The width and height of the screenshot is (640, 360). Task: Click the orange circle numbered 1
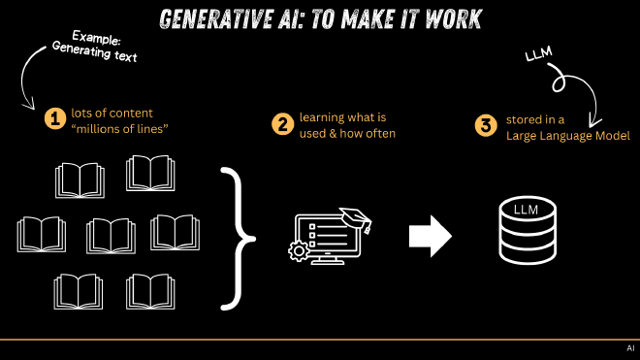click(54, 119)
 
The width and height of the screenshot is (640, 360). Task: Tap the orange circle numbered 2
click(282, 124)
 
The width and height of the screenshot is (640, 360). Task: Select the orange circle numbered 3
click(484, 125)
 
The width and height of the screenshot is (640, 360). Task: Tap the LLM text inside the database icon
click(525, 211)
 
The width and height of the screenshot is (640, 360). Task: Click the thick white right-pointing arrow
click(430, 236)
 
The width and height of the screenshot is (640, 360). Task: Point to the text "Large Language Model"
click(568, 136)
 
